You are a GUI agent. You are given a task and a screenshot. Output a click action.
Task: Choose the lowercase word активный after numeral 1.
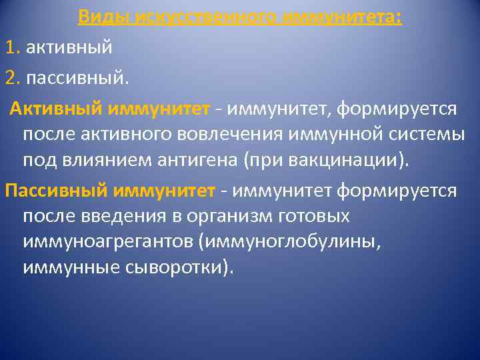point(69,48)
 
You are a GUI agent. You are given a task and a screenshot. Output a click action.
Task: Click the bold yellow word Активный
point(55,107)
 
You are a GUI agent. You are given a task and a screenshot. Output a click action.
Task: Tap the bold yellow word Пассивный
point(55,191)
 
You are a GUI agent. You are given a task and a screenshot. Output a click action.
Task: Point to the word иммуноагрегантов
point(107,243)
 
